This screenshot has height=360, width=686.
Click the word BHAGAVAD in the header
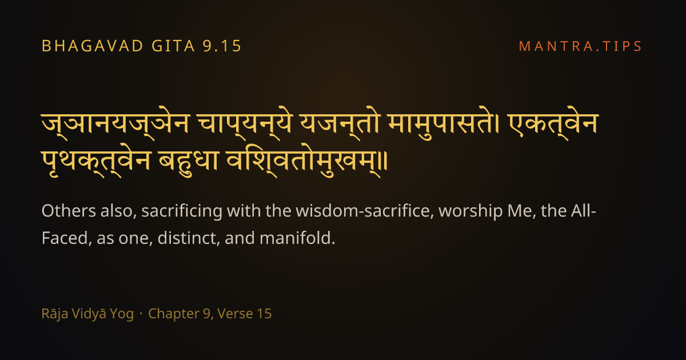coord(93,46)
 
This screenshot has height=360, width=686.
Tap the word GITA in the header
coord(173,46)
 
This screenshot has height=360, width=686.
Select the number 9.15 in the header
coord(222,46)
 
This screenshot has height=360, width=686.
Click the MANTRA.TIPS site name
coord(580,46)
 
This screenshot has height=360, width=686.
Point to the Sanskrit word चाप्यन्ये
coord(245,123)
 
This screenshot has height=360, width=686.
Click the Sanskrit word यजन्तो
coord(340,123)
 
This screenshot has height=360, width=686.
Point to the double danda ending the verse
coord(385,161)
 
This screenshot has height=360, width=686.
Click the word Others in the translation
coord(69,211)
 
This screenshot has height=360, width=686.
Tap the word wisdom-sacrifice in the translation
coord(362,211)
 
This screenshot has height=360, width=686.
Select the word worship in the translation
coord(470,211)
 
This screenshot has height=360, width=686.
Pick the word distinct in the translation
coord(189,238)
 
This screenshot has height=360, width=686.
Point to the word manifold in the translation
coord(297,238)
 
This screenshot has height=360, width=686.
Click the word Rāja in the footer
coord(54,314)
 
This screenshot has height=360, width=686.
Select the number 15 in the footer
coord(265,314)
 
